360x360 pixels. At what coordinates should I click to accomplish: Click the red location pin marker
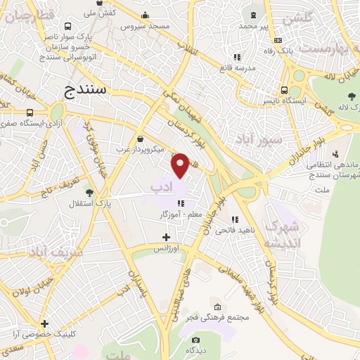tap(180, 165)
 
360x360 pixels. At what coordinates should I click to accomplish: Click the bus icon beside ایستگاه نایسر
tap(284, 90)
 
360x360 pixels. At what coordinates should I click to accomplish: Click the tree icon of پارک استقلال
tap(88, 192)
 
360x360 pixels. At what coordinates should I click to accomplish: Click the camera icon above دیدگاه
tap(194, 339)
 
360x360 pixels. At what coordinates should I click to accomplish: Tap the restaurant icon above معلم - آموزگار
tap(181, 203)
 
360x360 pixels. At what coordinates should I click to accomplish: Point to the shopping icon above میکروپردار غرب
tap(140, 139)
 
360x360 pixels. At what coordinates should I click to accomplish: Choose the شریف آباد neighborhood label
tap(56, 251)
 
